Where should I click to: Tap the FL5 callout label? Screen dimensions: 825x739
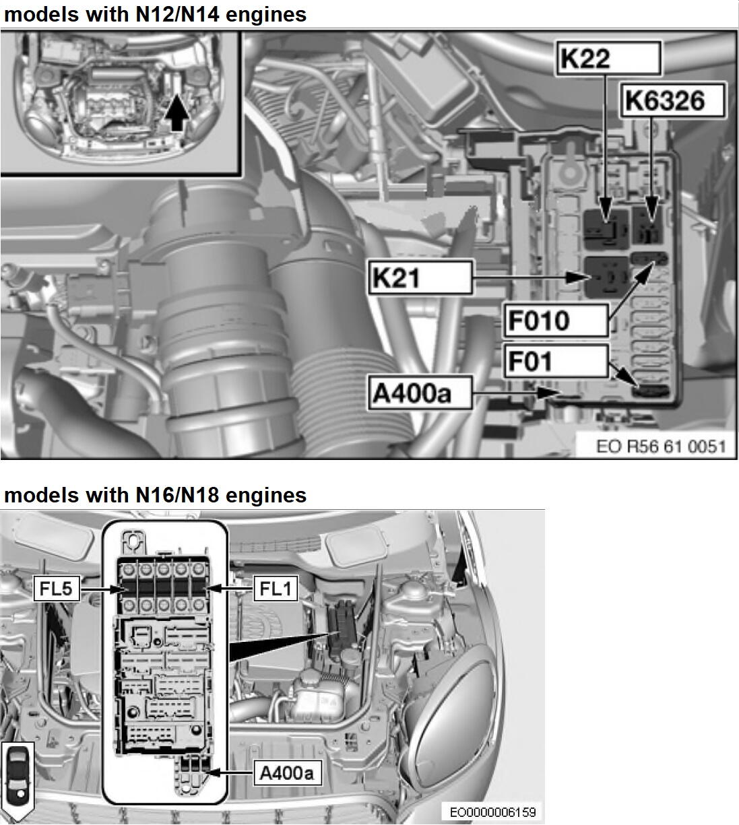tap(57, 589)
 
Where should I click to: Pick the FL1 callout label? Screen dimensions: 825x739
tap(275, 589)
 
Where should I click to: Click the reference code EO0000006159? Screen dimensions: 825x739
tap(492, 812)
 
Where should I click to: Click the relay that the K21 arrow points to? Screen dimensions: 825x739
tap(604, 277)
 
